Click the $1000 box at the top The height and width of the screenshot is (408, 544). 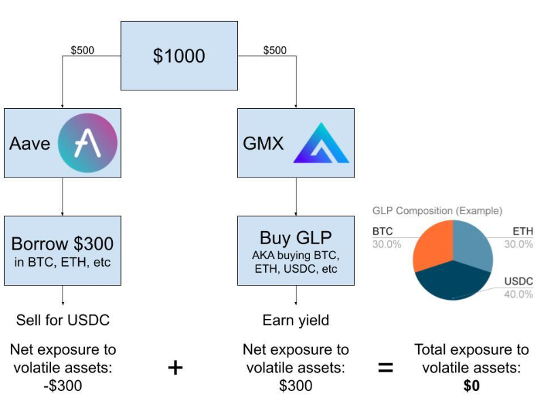coord(179,56)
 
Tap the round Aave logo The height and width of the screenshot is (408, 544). coord(88,143)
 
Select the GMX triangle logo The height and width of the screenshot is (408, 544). coord(321,143)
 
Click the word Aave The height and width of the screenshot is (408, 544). coord(30,143)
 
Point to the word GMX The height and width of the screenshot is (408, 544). coord(263,143)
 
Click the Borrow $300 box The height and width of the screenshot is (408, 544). coord(63,250)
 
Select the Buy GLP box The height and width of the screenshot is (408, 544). coord(296,250)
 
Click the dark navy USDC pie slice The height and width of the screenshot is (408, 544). coord(453,280)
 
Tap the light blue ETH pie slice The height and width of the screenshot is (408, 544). coord(473,244)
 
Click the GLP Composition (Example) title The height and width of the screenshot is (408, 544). coord(437,211)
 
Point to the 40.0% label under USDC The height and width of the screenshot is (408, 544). coord(518,294)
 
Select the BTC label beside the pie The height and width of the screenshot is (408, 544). coord(383,231)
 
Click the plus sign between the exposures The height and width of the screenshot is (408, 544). coord(175,367)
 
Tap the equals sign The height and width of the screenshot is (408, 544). coord(386,368)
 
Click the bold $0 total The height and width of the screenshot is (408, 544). coord(471,386)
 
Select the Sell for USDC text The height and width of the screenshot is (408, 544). coord(63,320)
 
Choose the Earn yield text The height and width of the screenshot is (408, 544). coord(296,320)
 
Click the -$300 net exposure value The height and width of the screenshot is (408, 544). coord(63,386)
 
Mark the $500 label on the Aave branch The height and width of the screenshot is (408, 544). coord(82,50)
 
